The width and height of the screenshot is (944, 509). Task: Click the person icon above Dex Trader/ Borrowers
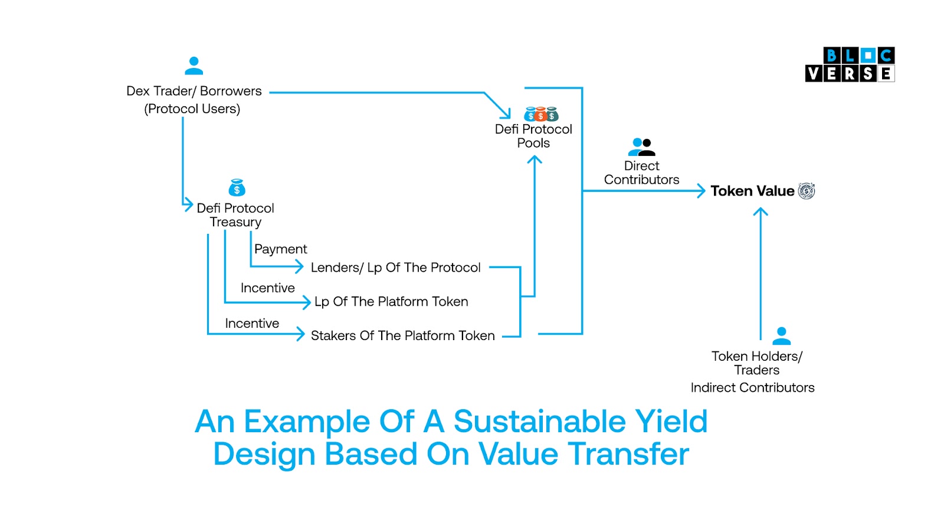pyautogui.click(x=194, y=66)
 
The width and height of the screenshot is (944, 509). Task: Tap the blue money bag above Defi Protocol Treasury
pyautogui.click(x=237, y=188)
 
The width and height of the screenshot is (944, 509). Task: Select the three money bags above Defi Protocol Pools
pyautogui.click(x=541, y=114)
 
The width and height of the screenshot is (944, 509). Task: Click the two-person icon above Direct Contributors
pyautogui.click(x=641, y=147)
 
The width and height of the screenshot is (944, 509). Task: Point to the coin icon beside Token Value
pyautogui.click(x=807, y=191)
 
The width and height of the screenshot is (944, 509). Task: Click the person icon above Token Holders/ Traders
pyautogui.click(x=781, y=336)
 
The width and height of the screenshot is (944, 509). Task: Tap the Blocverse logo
pyautogui.click(x=850, y=64)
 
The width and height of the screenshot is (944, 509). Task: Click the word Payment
pyautogui.click(x=281, y=249)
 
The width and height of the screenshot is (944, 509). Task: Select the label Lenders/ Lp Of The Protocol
pyautogui.click(x=396, y=267)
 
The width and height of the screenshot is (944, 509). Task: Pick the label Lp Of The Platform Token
pyautogui.click(x=392, y=302)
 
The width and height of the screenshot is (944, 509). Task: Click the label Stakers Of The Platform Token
pyautogui.click(x=403, y=335)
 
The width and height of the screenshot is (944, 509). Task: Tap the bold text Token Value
pyautogui.click(x=752, y=191)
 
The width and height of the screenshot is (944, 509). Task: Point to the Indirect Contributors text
pyautogui.click(x=752, y=387)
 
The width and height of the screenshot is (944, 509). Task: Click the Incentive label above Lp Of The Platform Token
pyautogui.click(x=268, y=288)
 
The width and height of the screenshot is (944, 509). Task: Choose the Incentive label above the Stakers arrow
pyautogui.click(x=252, y=324)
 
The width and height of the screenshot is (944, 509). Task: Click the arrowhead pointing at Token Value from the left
pyautogui.click(x=702, y=191)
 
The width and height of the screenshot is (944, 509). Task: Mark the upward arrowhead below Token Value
pyautogui.click(x=761, y=211)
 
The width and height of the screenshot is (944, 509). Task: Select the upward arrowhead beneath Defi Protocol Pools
pyautogui.click(x=535, y=159)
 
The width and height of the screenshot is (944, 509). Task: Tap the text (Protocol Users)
pyautogui.click(x=192, y=109)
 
